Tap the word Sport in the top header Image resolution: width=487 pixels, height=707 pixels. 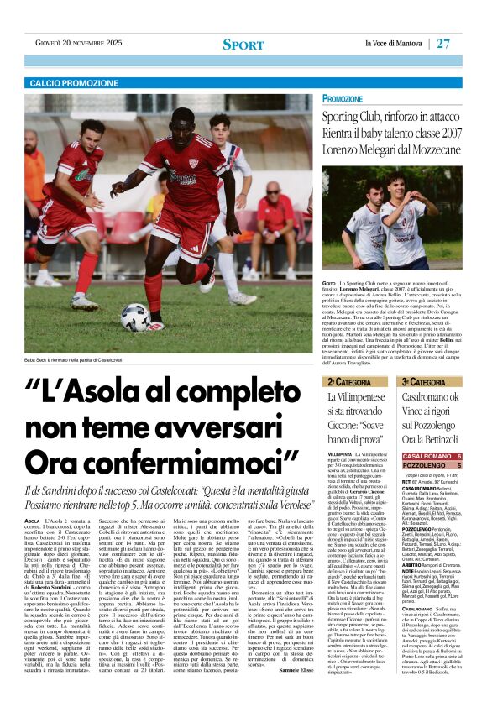click(x=243, y=44)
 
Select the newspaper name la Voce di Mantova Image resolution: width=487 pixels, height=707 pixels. click(x=394, y=43)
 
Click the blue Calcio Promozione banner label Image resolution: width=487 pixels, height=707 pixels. click(x=75, y=83)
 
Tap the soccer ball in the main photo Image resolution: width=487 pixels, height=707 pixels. click(x=135, y=317)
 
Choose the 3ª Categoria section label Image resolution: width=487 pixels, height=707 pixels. click(x=423, y=383)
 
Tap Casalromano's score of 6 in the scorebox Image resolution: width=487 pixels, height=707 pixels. click(x=459, y=456)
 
